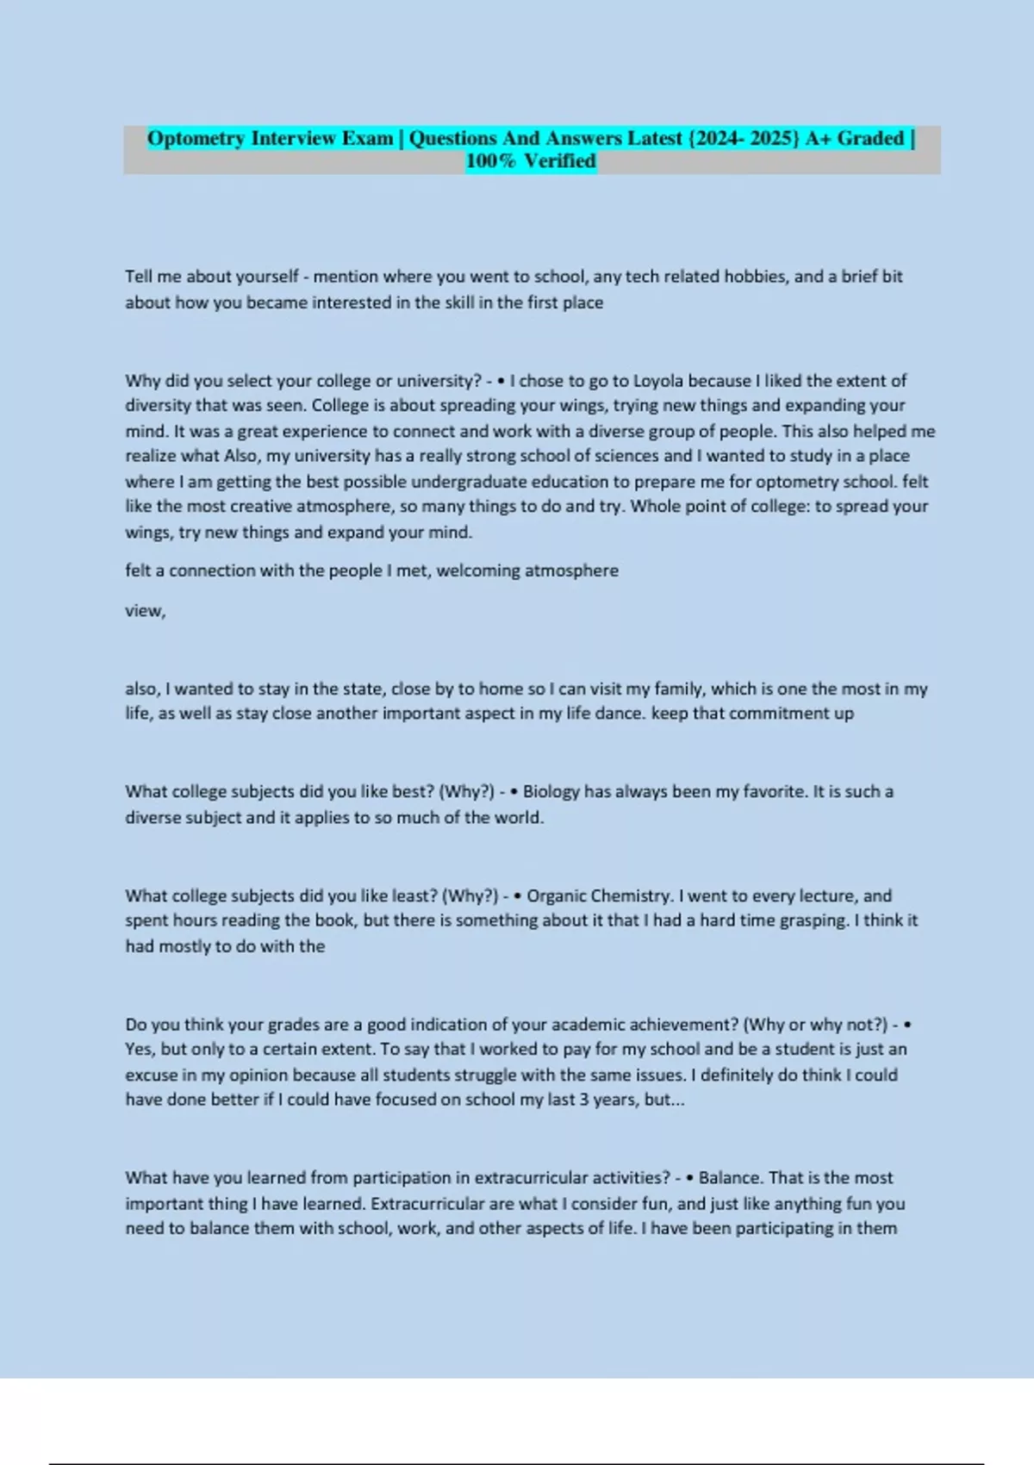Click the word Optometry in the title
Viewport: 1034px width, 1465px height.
(x=196, y=138)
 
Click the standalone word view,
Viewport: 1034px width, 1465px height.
(x=146, y=611)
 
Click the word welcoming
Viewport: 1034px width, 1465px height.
(x=478, y=570)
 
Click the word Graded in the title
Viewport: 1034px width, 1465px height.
(x=870, y=138)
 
